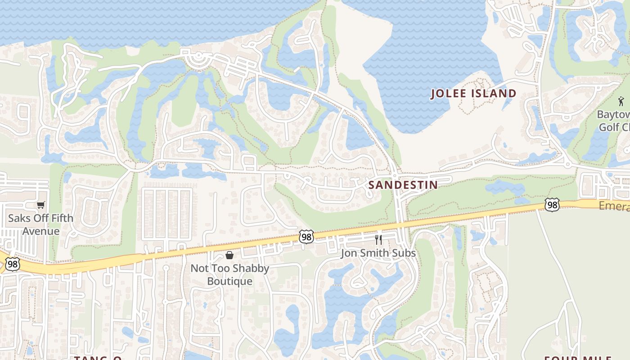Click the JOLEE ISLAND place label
coord(473,94)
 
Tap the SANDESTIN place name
coord(403,185)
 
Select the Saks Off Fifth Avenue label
coord(40,225)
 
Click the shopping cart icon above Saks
coord(41,205)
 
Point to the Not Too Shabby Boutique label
coord(229,274)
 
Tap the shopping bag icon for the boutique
coord(229,256)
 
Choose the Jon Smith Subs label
coord(378,253)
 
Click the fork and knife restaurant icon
coord(378,239)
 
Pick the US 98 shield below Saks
coord(13,264)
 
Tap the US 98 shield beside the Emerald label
coord(552,205)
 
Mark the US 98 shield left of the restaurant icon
coord(306,237)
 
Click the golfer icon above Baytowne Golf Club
coord(621,101)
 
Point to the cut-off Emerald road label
coord(614,206)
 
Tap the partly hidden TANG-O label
coord(98,358)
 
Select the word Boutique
coord(229,281)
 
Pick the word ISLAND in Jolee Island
coord(495,94)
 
